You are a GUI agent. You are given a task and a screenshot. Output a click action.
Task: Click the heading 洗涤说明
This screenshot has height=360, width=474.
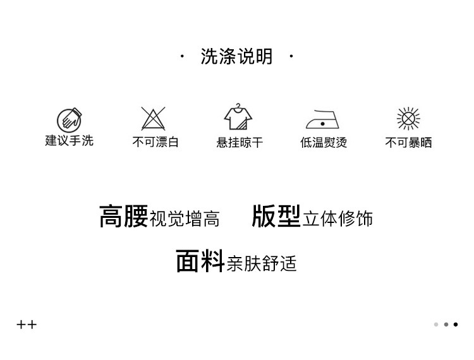(x=236, y=57)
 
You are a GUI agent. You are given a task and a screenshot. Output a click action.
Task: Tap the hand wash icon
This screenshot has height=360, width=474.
(x=69, y=119)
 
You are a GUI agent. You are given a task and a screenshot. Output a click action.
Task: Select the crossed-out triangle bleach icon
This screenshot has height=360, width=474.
(x=153, y=118)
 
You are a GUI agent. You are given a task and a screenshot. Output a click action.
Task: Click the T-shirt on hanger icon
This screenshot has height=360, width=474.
(x=238, y=117)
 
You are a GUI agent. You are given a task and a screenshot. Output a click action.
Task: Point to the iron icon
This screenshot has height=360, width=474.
(x=322, y=119)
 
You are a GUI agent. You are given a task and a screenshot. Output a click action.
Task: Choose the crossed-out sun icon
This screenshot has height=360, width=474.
(x=408, y=118)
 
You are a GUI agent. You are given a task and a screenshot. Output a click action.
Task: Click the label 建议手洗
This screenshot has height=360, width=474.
(x=69, y=140)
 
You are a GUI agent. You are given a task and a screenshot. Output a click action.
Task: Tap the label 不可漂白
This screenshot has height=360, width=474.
(x=155, y=142)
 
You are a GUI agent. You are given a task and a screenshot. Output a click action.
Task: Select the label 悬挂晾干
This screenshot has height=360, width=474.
(x=240, y=142)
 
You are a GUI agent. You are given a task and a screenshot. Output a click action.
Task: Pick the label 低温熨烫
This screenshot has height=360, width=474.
(x=324, y=142)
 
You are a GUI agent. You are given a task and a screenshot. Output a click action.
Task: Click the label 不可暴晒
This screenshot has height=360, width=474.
(x=409, y=142)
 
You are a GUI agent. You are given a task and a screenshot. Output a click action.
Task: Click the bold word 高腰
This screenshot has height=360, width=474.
(x=123, y=216)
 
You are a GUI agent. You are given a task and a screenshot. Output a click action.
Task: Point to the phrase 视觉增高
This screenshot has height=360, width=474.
(x=185, y=219)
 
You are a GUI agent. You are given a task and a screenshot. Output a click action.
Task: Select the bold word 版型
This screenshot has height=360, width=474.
(x=276, y=216)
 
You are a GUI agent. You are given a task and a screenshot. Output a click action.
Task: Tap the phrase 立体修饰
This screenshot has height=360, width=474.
(x=338, y=219)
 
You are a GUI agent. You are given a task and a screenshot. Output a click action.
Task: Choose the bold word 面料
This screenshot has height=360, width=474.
(x=200, y=260)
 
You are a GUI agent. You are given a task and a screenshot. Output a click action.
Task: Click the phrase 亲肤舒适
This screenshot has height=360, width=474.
(x=261, y=263)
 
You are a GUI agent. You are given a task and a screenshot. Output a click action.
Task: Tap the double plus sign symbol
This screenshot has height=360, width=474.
(x=27, y=325)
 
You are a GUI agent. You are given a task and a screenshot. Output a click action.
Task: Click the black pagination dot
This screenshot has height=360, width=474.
(x=456, y=325)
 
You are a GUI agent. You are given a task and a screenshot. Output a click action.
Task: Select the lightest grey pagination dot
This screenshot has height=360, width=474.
(x=436, y=325)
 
